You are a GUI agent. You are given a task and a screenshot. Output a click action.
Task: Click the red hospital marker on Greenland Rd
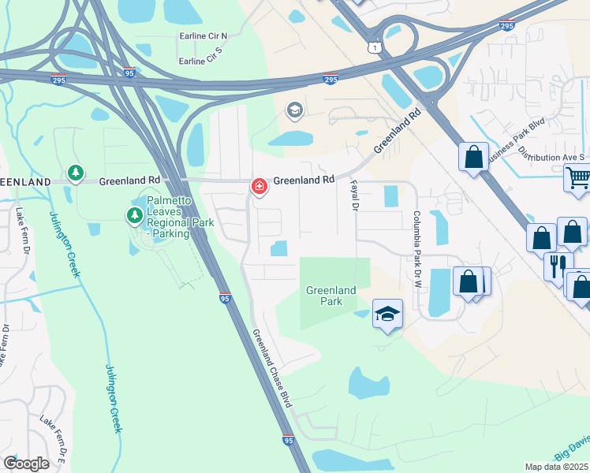258,186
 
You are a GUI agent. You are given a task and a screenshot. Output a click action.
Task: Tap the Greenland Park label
331,296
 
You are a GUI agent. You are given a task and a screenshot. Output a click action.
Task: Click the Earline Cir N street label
203,36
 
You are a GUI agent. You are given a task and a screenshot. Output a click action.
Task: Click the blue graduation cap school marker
387,314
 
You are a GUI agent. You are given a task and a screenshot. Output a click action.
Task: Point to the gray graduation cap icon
295,110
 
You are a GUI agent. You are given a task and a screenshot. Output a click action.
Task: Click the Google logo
26,464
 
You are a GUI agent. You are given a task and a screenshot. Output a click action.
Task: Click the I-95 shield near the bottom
289,441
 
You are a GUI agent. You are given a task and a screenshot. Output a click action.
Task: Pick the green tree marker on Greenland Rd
75,173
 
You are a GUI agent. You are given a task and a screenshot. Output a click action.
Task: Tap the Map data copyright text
557,467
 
